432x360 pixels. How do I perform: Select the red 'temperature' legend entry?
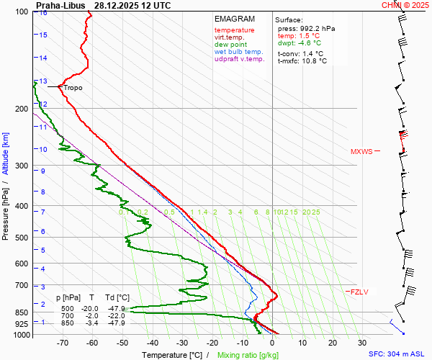[234, 30]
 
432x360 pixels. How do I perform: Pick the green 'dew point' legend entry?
[230, 45]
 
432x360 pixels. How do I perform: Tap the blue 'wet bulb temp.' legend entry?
[239, 52]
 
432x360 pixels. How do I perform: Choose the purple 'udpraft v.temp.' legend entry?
[240, 59]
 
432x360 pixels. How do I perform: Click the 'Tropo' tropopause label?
[73, 87]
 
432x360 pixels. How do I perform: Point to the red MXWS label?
[361, 151]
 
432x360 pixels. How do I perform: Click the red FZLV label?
[359, 292]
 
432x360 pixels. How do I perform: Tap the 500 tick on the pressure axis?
[22, 238]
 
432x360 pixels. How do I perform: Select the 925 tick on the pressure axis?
[22, 325]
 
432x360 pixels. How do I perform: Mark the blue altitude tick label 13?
[43, 81]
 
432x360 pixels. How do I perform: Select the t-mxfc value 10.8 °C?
[313, 60]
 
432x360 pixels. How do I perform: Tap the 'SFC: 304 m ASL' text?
[395, 354]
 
